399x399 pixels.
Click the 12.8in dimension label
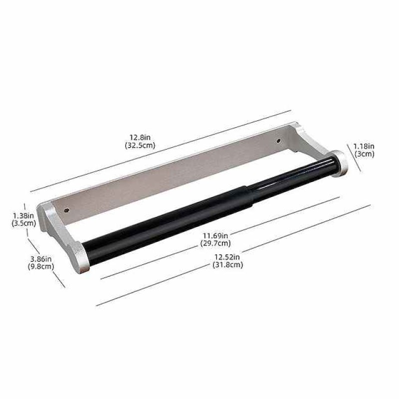tap(140, 138)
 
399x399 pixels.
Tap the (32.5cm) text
tap(140, 146)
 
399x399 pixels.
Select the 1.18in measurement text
tap(364, 146)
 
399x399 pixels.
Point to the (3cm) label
tap(365, 154)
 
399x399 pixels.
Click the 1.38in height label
tap(23, 215)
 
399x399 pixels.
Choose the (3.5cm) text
tap(23, 223)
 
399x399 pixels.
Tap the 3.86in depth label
tap(41, 259)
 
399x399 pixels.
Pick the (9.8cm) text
tap(41, 267)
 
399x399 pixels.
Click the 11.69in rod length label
tap(215, 235)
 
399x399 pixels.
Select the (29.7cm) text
tap(215, 243)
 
